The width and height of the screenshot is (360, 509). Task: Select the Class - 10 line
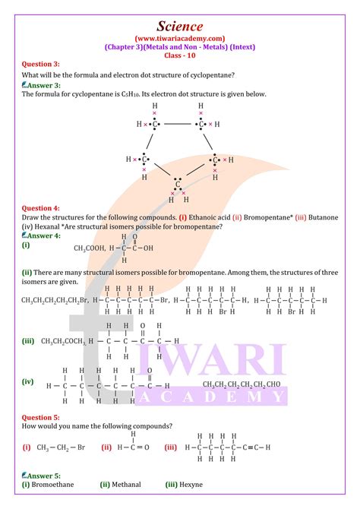click(180, 56)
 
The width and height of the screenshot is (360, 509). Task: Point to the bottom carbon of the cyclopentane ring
click(178, 184)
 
